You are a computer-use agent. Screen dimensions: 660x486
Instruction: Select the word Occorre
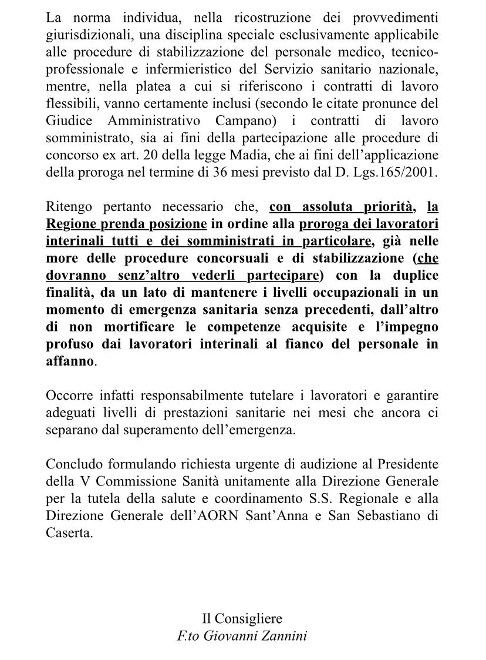click(68, 396)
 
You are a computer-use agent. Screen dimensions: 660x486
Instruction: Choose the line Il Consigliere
click(242, 618)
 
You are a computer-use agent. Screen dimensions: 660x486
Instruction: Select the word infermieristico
click(183, 70)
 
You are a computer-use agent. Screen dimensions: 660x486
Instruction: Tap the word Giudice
click(69, 122)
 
